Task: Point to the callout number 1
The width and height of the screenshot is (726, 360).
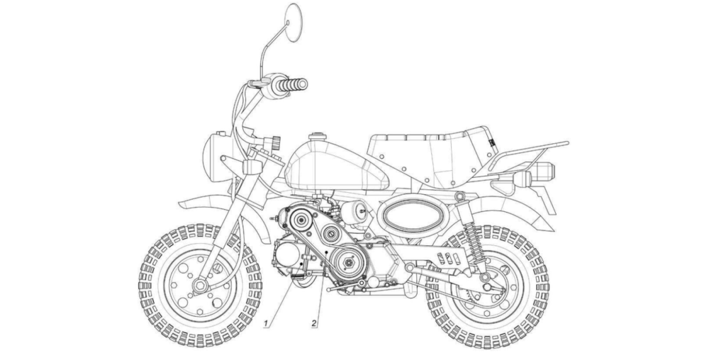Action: point(266,324)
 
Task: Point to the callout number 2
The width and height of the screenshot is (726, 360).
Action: point(314,324)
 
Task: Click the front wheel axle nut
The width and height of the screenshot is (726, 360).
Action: point(200,285)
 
